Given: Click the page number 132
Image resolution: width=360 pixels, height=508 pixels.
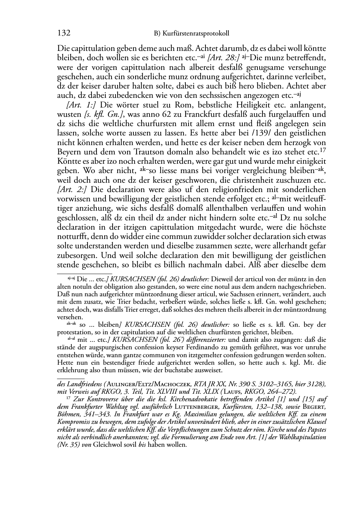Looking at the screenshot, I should tap(63, 33).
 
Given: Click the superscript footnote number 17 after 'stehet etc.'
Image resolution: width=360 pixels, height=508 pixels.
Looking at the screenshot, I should tap(322, 150).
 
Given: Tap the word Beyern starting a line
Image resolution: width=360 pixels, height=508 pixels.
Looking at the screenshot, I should tap(69, 152).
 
